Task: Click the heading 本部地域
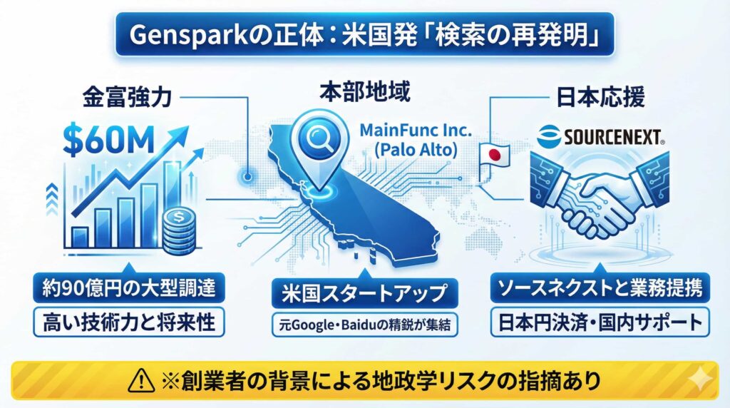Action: pos(365,93)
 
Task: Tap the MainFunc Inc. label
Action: pos(416,131)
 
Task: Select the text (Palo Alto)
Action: pos(415,153)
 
